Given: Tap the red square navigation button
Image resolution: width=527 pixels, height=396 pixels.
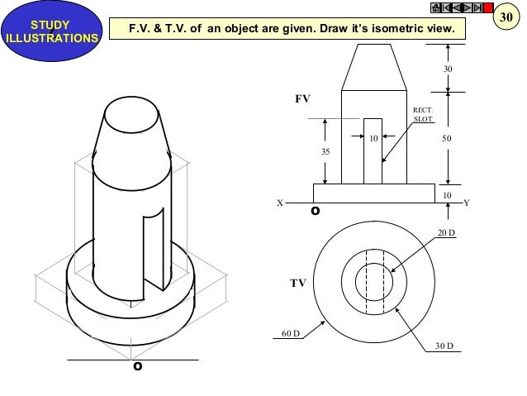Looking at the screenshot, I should tap(487, 8).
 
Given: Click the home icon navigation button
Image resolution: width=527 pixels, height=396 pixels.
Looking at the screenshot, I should tap(435, 8).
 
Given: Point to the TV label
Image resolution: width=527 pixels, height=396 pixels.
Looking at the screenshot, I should tap(297, 282).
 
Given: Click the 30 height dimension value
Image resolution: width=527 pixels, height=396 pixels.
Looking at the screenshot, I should tap(448, 69).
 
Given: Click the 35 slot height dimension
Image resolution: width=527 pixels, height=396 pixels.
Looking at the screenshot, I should tap(325, 151).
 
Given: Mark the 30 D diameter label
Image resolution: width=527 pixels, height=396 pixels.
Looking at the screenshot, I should tap(445, 346).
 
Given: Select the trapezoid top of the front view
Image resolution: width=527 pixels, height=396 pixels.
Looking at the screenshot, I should tap(373, 67).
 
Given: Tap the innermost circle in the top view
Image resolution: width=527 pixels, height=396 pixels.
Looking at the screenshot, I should tap(373, 282).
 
